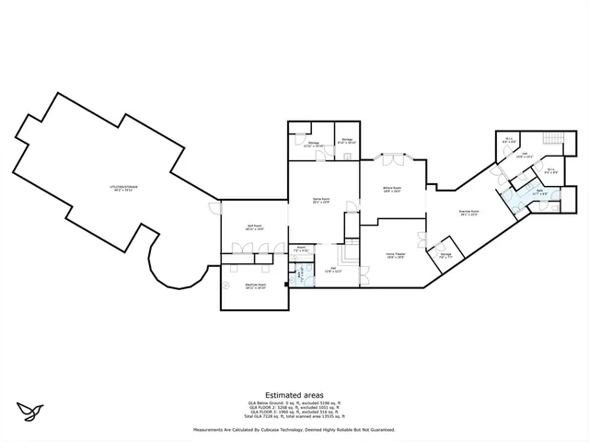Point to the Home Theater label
click(x=396, y=256)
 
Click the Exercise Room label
click(x=468, y=213)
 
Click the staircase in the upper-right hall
click(x=552, y=139)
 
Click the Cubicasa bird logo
click(x=31, y=408)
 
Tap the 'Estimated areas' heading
click(x=294, y=394)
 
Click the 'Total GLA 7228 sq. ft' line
click(x=294, y=418)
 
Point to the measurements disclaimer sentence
click(x=294, y=430)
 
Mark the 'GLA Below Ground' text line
click(x=294, y=402)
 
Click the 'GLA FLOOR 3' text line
click(x=294, y=413)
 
